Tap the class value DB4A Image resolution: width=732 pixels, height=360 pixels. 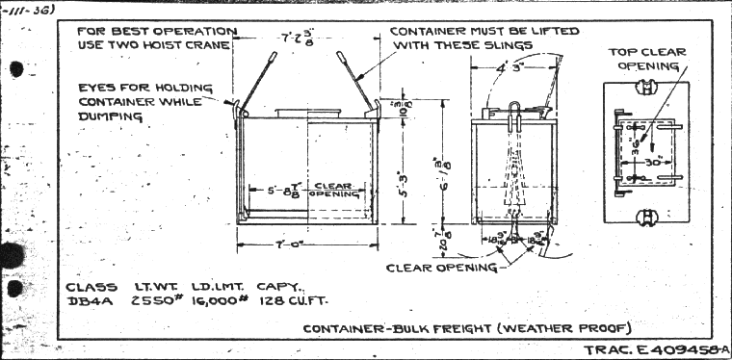tap(90, 299)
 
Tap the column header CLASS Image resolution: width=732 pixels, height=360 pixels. tap(92, 286)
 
